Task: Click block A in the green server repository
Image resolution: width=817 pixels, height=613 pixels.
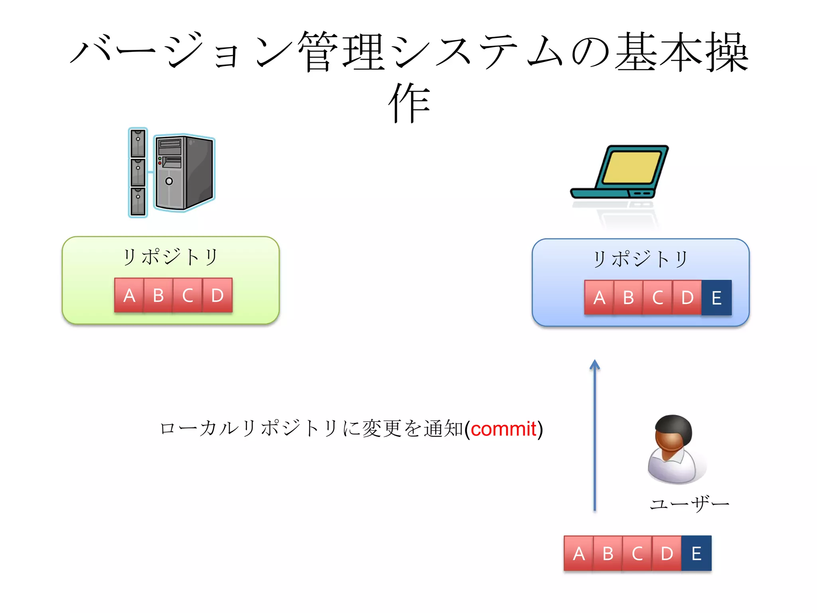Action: (x=129, y=295)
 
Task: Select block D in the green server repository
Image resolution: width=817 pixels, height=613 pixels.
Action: (x=217, y=295)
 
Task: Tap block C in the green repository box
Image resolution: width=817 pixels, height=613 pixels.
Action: (x=188, y=295)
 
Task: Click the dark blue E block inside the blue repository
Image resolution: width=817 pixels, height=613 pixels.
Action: (x=716, y=298)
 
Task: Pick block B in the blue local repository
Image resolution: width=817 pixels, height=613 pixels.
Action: (x=628, y=298)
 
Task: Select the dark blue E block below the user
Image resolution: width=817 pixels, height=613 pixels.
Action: (x=697, y=554)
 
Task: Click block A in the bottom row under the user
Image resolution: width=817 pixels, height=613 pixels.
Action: (x=578, y=554)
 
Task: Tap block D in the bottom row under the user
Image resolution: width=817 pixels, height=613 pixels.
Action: (x=667, y=554)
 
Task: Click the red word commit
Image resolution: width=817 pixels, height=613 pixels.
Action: (x=503, y=429)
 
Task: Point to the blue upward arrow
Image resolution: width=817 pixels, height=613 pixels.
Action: (x=594, y=435)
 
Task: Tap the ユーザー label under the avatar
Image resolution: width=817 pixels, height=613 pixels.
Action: (x=689, y=504)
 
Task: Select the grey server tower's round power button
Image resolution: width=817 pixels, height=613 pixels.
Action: (x=169, y=181)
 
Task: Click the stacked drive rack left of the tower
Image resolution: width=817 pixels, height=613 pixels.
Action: (x=138, y=172)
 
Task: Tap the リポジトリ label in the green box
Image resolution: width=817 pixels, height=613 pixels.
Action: (x=170, y=257)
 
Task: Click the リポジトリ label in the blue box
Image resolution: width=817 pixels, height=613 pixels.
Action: (x=640, y=259)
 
